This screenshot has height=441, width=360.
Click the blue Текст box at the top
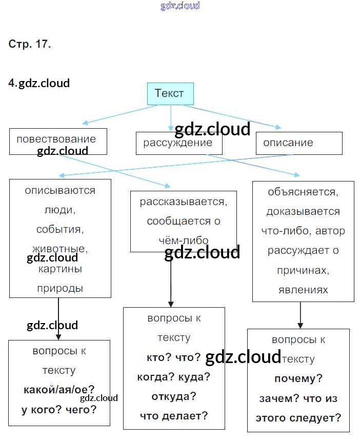pos(170,94)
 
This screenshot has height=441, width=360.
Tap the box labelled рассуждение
pos(178,143)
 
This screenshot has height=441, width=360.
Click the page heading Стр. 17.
pos(30,44)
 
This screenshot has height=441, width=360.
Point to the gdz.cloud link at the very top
pos(179,6)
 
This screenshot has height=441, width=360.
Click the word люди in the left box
pos(60,210)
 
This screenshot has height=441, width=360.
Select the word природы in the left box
pos(60,288)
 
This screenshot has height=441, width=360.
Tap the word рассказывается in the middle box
pos(183,202)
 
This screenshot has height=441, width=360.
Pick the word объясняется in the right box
pos(303,192)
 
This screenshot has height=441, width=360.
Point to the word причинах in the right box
pos(303,270)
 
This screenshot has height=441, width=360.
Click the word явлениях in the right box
pos(303,290)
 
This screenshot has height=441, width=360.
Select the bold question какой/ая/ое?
pos(59,390)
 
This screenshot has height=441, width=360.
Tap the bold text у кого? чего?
pos(59,409)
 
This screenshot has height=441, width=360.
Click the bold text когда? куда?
pos(174,377)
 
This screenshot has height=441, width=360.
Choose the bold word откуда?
pos(174,397)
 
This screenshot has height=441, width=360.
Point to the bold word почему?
pos(298,379)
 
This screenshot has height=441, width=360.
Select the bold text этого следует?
pos(298,417)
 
